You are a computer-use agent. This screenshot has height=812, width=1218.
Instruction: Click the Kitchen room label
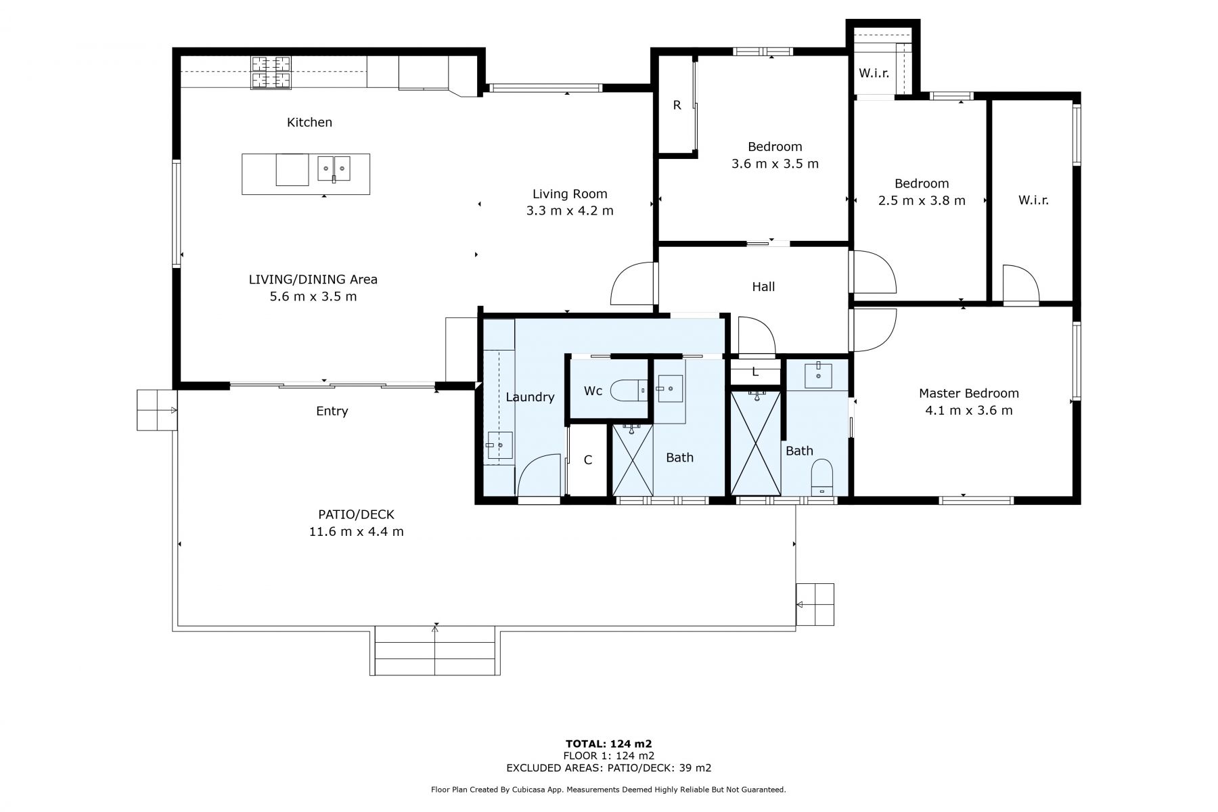(309, 122)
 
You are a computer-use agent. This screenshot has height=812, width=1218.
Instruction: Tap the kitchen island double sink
(334, 168)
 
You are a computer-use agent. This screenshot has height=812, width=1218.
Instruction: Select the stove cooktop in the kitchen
(271, 72)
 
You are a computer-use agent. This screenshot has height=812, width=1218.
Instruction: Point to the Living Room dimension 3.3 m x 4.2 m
(570, 210)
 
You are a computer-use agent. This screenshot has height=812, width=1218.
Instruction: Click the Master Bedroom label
(968, 393)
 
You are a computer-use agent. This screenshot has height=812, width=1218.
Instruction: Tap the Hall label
(763, 287)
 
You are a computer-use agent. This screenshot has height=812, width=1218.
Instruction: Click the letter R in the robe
(677, 106)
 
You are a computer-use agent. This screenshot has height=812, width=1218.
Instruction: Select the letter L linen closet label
(755, 371)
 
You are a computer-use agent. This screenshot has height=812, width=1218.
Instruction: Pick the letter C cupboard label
(588, 460)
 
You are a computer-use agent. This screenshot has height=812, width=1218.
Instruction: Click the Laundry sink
(499, 445)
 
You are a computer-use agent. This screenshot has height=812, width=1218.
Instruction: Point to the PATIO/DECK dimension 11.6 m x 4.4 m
(356, 532)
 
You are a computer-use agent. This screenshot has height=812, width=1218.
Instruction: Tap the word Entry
(332, 411)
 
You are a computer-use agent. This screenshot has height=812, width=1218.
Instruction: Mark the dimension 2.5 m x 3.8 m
(921, 200)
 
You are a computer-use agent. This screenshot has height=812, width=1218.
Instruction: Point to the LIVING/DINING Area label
(313, 279)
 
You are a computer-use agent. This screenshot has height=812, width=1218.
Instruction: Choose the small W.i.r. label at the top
(874, 73)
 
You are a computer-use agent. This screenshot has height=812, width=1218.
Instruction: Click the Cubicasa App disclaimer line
(608, 790)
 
